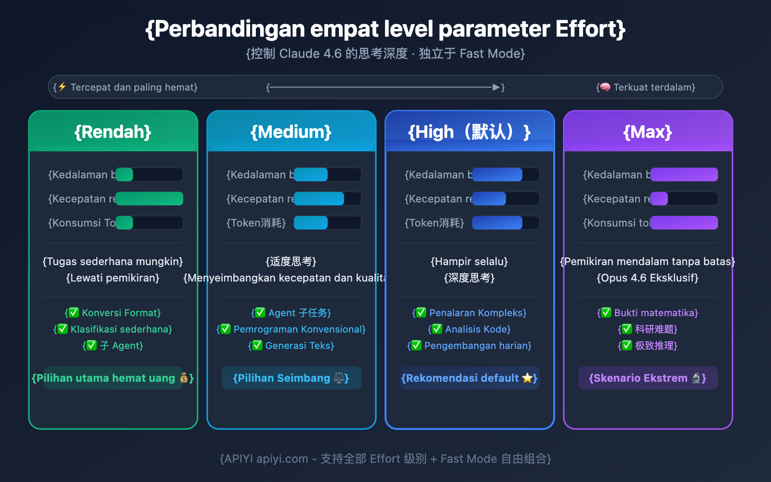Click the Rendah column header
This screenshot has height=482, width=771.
(113, 132)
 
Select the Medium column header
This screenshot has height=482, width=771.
(291, 132)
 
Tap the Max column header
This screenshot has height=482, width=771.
(648, 132)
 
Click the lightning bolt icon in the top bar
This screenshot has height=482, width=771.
(62, 87)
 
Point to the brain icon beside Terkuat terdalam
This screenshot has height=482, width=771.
(605, 87)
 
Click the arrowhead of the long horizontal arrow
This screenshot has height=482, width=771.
(496, 87)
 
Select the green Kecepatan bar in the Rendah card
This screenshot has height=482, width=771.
(149, 199)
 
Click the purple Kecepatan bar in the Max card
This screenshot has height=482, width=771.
(659, 199)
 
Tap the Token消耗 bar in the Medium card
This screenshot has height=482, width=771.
(311, 223)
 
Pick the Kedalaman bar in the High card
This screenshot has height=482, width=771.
(497, 174)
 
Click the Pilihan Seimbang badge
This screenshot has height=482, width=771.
(291, 378)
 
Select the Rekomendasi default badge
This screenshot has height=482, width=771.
(469, 378)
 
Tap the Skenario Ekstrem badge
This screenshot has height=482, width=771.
(648, 378)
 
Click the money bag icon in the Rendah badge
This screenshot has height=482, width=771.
(184, 378)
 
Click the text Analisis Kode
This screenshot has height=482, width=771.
(478, 329)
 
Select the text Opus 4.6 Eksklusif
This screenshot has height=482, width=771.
(648, 278)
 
